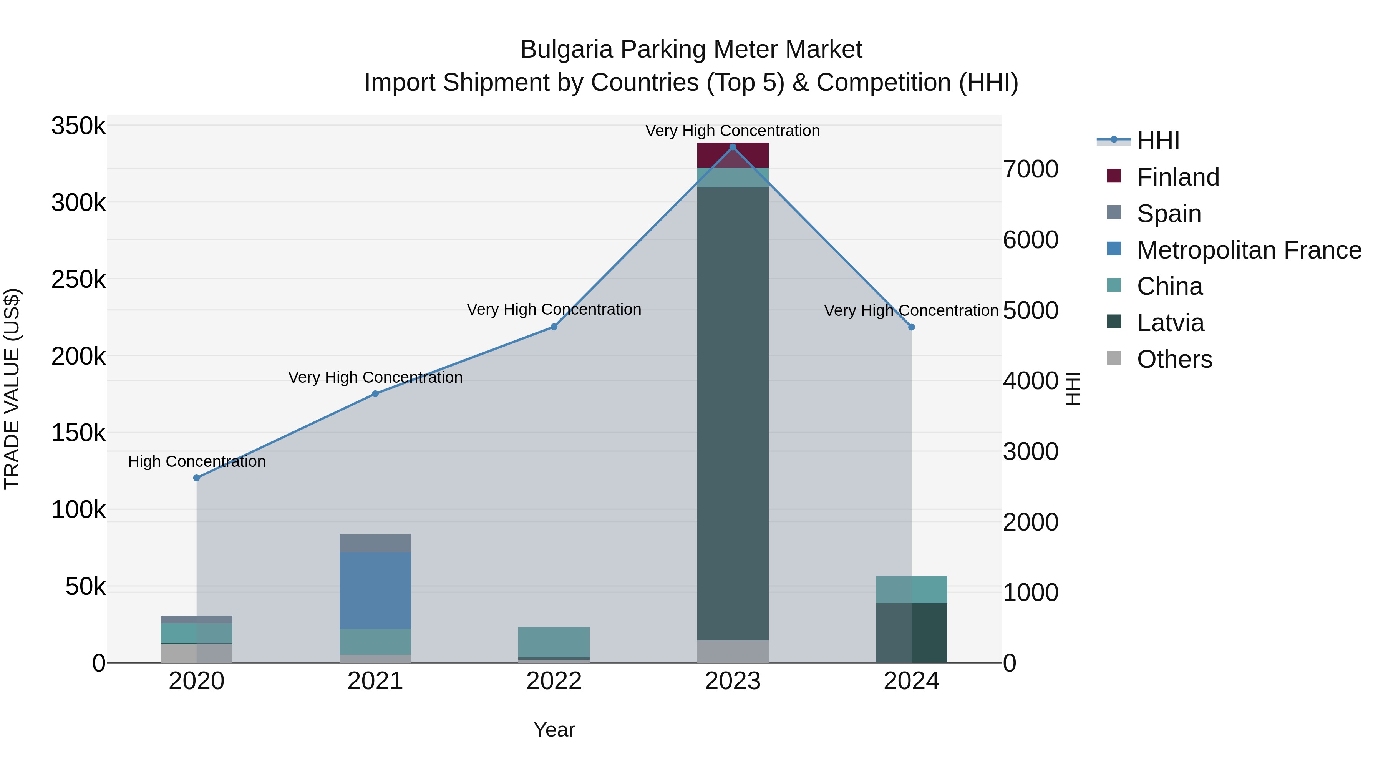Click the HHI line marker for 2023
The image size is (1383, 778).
[x=733, y=147]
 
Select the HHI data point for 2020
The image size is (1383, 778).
[x=196, y=478]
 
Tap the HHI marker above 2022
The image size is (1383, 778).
[x=554, y=327]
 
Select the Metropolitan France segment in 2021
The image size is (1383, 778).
[x=375, y=591]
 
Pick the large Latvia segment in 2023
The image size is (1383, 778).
[x=733, y=413]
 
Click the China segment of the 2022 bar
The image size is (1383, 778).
[x=554, y=642]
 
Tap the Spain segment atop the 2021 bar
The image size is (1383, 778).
[x=375, y=543]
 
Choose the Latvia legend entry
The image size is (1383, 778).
[x=1171, y=323]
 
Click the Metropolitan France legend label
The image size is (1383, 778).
[x=1249, y=250]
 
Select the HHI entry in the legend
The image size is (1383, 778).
[x=1158, y=141]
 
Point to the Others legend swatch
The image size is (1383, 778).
[x=1114, y=358]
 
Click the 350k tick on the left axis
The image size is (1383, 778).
[x=78, y=127]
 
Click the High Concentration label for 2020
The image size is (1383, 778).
[x=196, y=461]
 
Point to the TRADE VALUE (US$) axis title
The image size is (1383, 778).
[x=12, y=389]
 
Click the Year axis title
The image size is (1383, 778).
[x=554, y=730]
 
